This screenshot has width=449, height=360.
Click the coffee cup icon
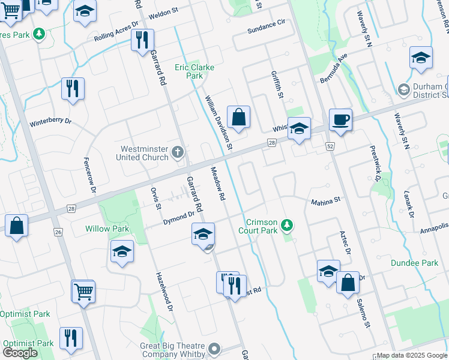click(x=340, y=119)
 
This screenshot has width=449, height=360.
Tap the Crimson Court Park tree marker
click(x=288, y=225)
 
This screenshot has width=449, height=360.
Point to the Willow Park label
click(x=107, y=229)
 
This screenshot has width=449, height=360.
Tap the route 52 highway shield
click(x=330, y=146)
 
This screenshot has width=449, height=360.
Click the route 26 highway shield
click(x=58, y=232)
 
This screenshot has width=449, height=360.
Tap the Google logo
click(x=20, y=353)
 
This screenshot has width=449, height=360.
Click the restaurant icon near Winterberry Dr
click(x=73, y=88)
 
